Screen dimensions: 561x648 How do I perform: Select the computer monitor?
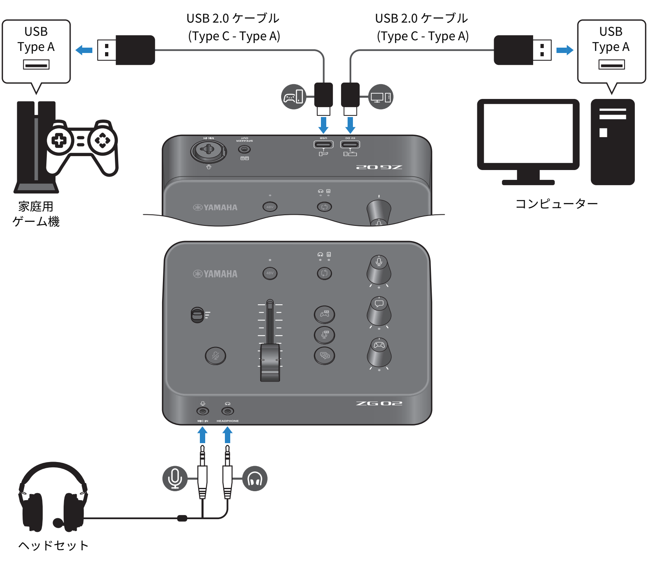(x=528, y=136)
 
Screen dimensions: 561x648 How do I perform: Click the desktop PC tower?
(x=612, y=142)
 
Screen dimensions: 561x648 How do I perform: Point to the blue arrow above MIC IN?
(x=202, y=435)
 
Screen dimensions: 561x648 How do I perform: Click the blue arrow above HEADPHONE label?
(x=228, y=435)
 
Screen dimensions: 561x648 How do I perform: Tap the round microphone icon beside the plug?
(x=175, y=478)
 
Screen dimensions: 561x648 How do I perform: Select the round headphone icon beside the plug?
(x=255, y=478)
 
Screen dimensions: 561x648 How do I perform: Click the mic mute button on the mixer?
(x=215, y=356)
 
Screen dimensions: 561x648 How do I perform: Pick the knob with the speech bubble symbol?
(x=379, y=311)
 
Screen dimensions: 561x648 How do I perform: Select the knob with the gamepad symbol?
(x=379, y=352)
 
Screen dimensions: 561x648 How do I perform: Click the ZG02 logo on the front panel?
(x=379, y=403)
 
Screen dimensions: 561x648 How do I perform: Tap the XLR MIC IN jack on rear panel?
(x=208, y=151)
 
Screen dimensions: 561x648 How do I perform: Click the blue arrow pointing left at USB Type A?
(x=84, y=50)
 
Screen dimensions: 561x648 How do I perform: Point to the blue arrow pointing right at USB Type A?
(x=565, y=50)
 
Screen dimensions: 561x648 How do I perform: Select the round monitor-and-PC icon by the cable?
(x=380, y=97)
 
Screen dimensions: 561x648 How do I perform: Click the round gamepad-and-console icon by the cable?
(x=294, y=97)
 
